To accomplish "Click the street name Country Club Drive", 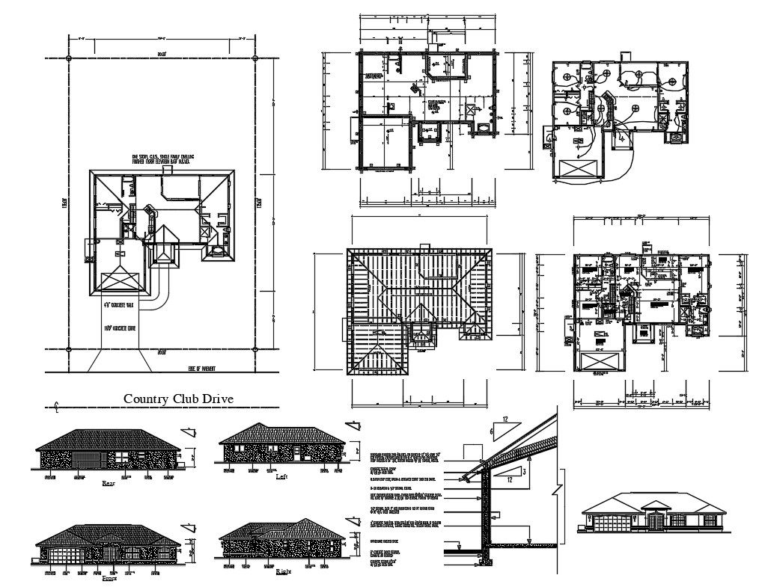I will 178,399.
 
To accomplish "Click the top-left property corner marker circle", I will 68,58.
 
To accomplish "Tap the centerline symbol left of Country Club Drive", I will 58,407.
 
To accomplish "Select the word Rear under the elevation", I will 108,484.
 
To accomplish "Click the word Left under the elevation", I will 281,476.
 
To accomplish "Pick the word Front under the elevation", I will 109,578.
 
